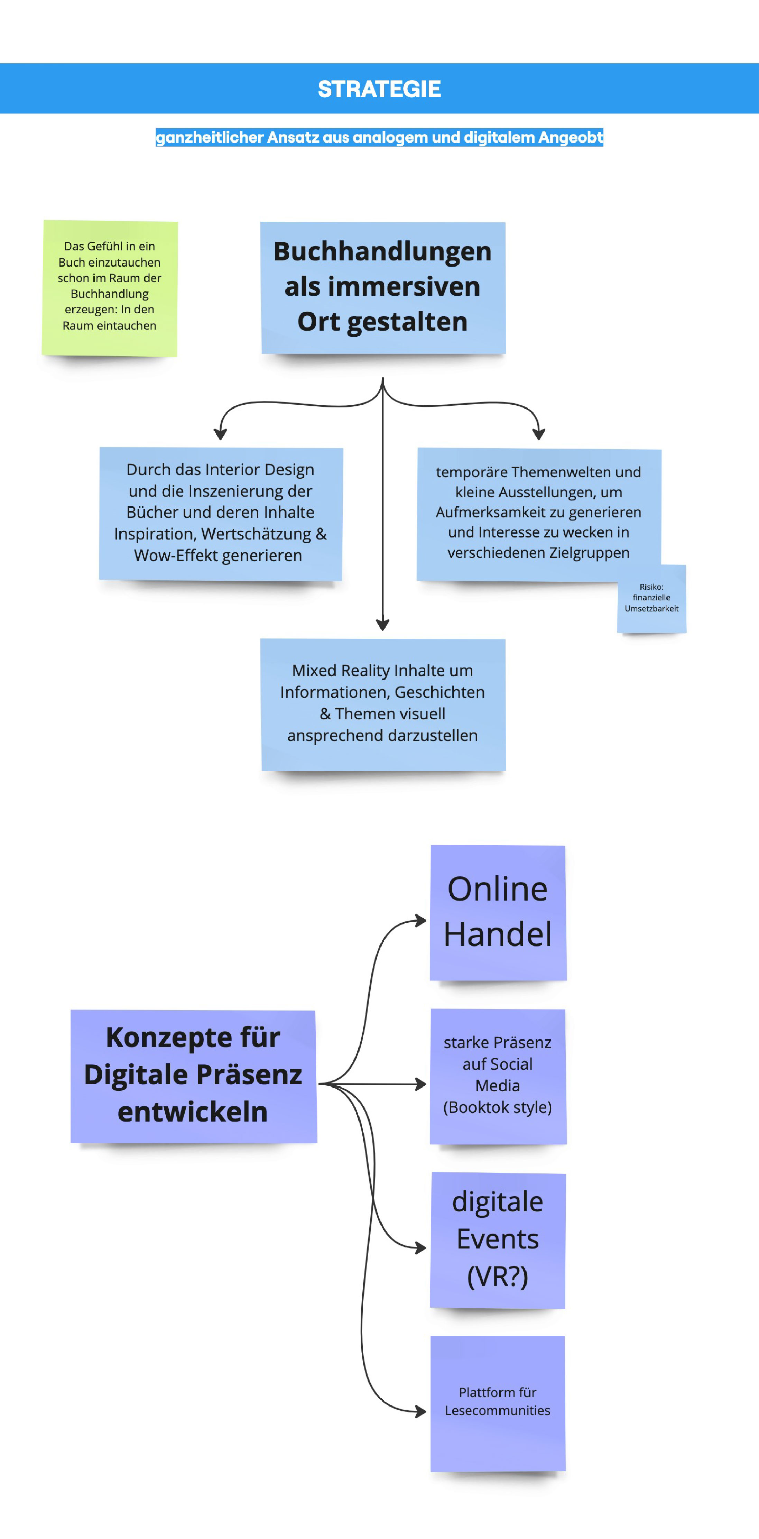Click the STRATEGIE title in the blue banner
pyautogui.click(x=379, y=89)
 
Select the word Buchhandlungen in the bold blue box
pyautogui.click(x=382, y=251)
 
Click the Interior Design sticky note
pyautogui.click(x=220, y=513)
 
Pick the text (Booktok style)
pyautogui.click(x=498, y=1107)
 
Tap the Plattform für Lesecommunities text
pyautogui.click(x=498, y=1401)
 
